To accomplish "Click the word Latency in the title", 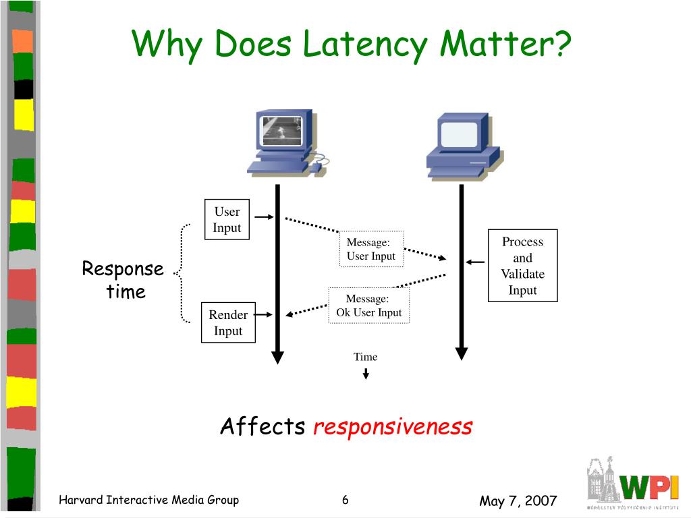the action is click(x=364, y=45).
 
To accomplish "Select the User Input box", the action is click(x=227, y=219).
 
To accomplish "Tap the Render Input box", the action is click(x=228, y=322).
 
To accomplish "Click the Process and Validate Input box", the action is click(x=522, y=266).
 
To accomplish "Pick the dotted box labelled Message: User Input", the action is click(x=371, y=250).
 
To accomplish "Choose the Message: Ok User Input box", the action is click(x=368, y=306).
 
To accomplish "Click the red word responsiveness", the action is click(x=393, y=427).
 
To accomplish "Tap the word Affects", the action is click(x=262, y=426).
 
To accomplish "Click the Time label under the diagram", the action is click(x=366, y=357).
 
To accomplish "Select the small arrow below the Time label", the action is click(x=366, y=373).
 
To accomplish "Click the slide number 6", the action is click(x=345, y=500).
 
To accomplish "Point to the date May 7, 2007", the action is click(x=518, y=500).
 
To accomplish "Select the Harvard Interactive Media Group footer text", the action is click(x=148, y=500).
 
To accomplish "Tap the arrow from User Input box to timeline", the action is click(x=264, y=217).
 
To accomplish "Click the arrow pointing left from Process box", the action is click(x=475, y=262).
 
